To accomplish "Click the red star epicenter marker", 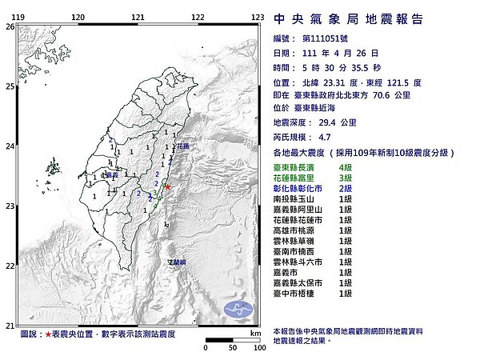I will [168, 186].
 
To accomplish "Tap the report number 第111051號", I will [322, 38].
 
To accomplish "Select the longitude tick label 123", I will [258, 16].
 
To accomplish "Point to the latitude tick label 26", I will [10, 26].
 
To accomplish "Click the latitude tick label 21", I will [10, 326].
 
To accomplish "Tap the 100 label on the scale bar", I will [258, 348].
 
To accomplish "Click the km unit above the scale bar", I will [255, 333].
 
